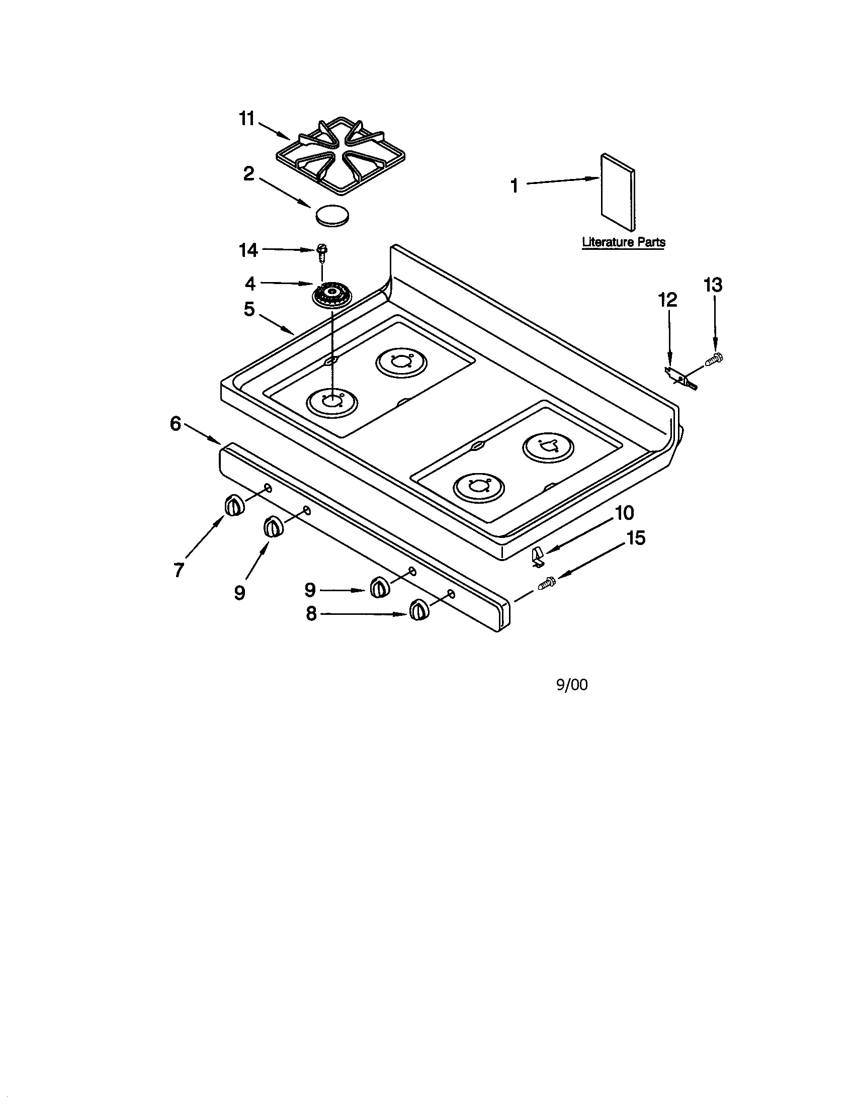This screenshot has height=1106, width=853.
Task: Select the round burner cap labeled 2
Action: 332,215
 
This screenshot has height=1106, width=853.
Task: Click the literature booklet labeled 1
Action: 618,191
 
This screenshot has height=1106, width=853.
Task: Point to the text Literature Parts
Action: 623,242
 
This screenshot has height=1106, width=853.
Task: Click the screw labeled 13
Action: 714,360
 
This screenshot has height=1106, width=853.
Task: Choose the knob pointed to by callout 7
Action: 233,505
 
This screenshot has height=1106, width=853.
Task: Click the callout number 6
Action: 175,424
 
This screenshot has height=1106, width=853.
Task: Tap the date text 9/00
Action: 572,685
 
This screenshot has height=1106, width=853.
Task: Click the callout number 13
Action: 713,285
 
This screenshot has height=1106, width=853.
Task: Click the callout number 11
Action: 246,119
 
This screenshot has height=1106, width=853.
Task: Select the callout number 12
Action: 667,300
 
